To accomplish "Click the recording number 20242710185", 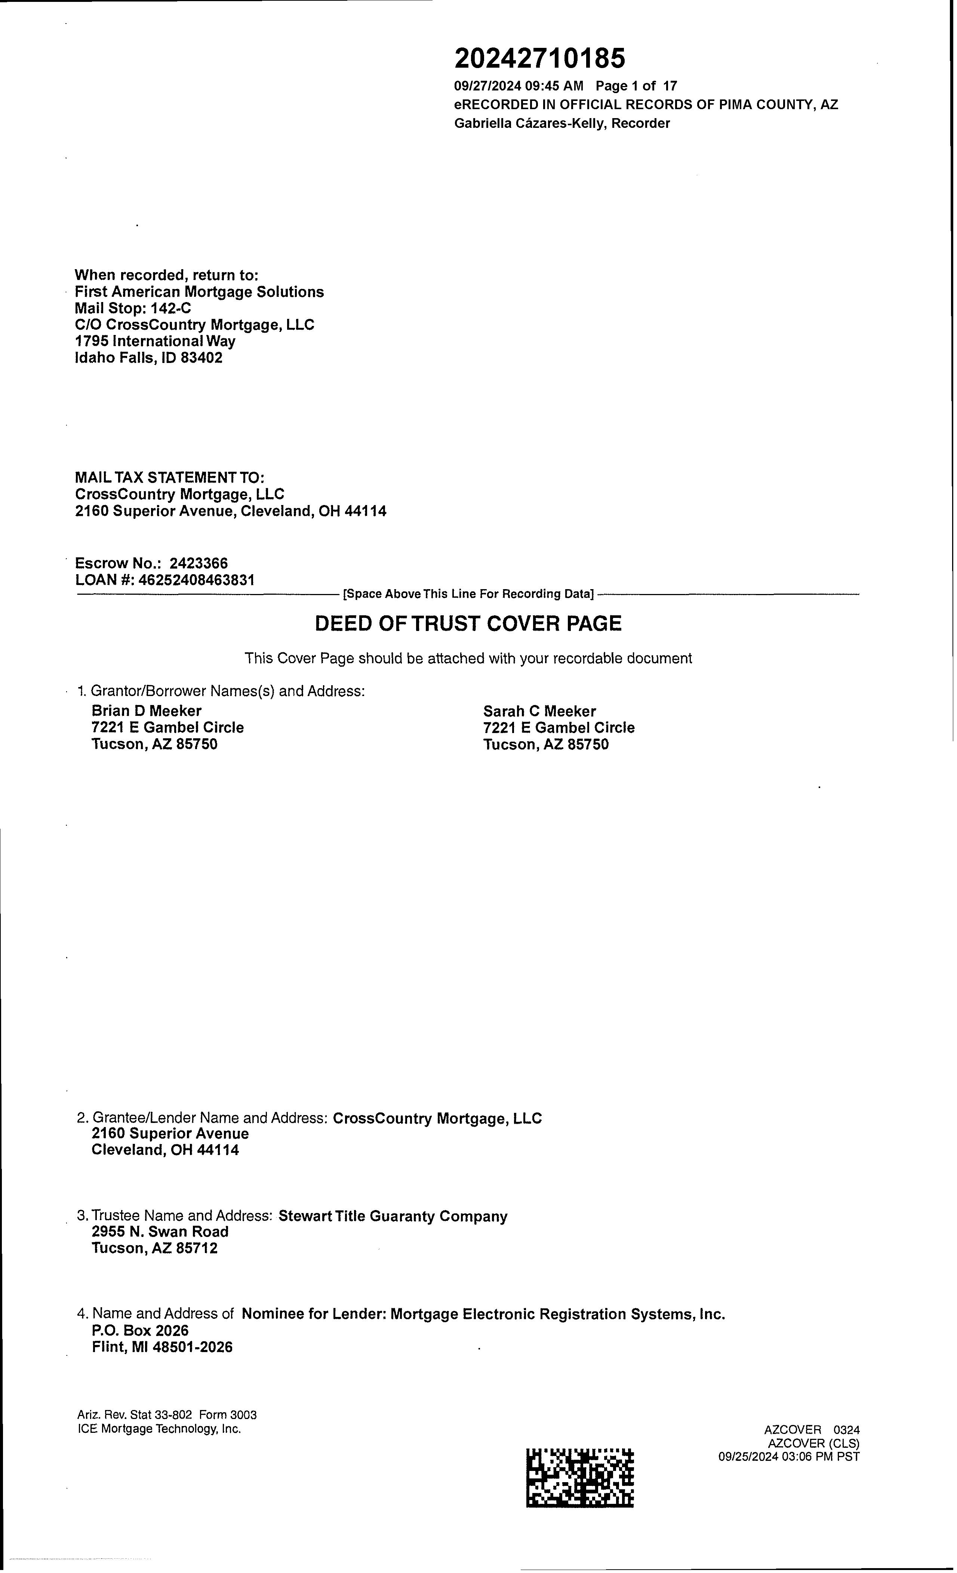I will (539, 59).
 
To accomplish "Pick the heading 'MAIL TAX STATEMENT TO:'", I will (170, 477).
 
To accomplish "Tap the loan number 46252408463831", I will (197, 580).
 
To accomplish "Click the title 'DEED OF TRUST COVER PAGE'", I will (468, 623).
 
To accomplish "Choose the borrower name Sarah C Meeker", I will (539, 711).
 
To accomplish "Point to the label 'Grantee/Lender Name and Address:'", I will (210, 1118).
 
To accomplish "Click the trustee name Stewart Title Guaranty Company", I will (393, 1216).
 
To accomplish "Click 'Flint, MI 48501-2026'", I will (162, 1347).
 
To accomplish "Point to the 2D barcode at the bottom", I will (580, 1477).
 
